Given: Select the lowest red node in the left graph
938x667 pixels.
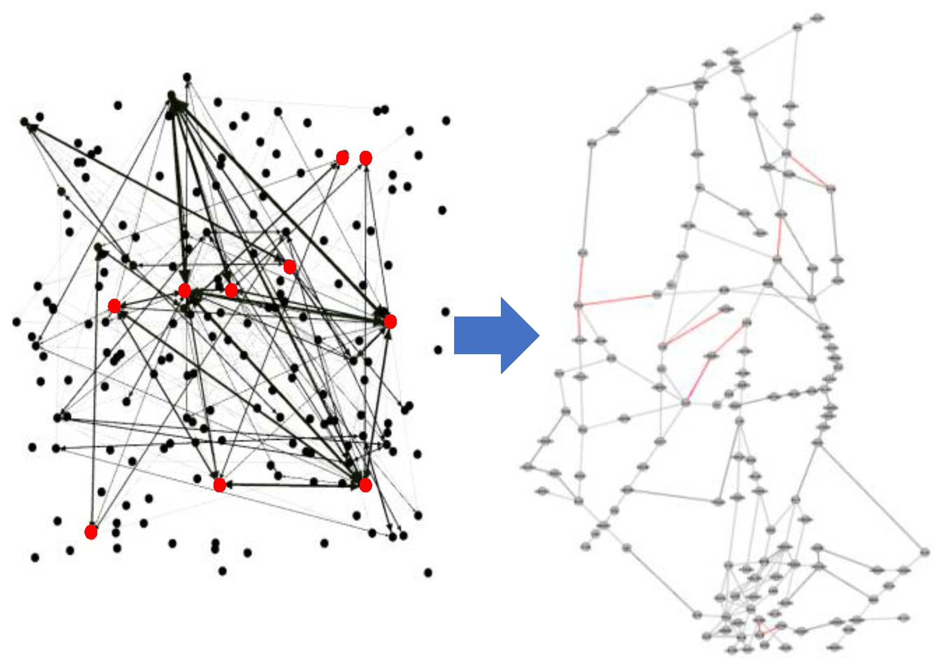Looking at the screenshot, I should pos(91,532).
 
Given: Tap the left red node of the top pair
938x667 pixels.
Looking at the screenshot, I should pos(343,158).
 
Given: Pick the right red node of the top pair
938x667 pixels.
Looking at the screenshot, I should pos(365,158).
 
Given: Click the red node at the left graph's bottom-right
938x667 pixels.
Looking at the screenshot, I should pos(365,485).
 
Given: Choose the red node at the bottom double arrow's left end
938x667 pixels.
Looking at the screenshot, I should pos(219,485).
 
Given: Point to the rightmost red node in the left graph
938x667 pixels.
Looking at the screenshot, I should pos(390,321).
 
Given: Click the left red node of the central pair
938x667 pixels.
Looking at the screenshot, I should pos(184,290).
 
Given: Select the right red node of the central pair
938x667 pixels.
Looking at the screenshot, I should pos(231,290).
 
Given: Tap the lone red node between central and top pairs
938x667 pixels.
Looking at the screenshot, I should pos(289,266).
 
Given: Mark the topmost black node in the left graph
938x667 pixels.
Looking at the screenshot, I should pos(187,78).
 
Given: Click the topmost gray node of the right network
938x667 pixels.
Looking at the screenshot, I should pos(818,19).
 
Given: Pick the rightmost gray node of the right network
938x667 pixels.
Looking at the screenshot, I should pos(925,552).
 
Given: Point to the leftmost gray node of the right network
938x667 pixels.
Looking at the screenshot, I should pos(527,467).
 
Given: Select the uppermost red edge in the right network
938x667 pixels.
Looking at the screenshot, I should pos(809,170).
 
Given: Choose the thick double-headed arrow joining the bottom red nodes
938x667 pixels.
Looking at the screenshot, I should pos(292,484).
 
